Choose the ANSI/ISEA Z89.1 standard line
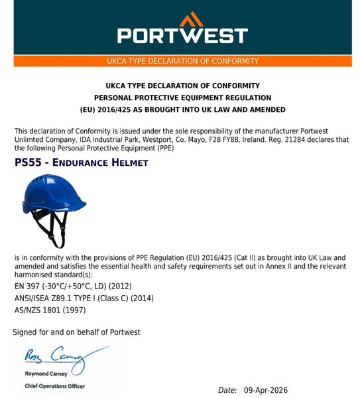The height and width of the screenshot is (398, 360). [84, 298]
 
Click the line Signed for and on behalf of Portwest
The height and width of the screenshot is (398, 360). [77, 332]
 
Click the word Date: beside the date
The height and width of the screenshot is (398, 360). [227, 391]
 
